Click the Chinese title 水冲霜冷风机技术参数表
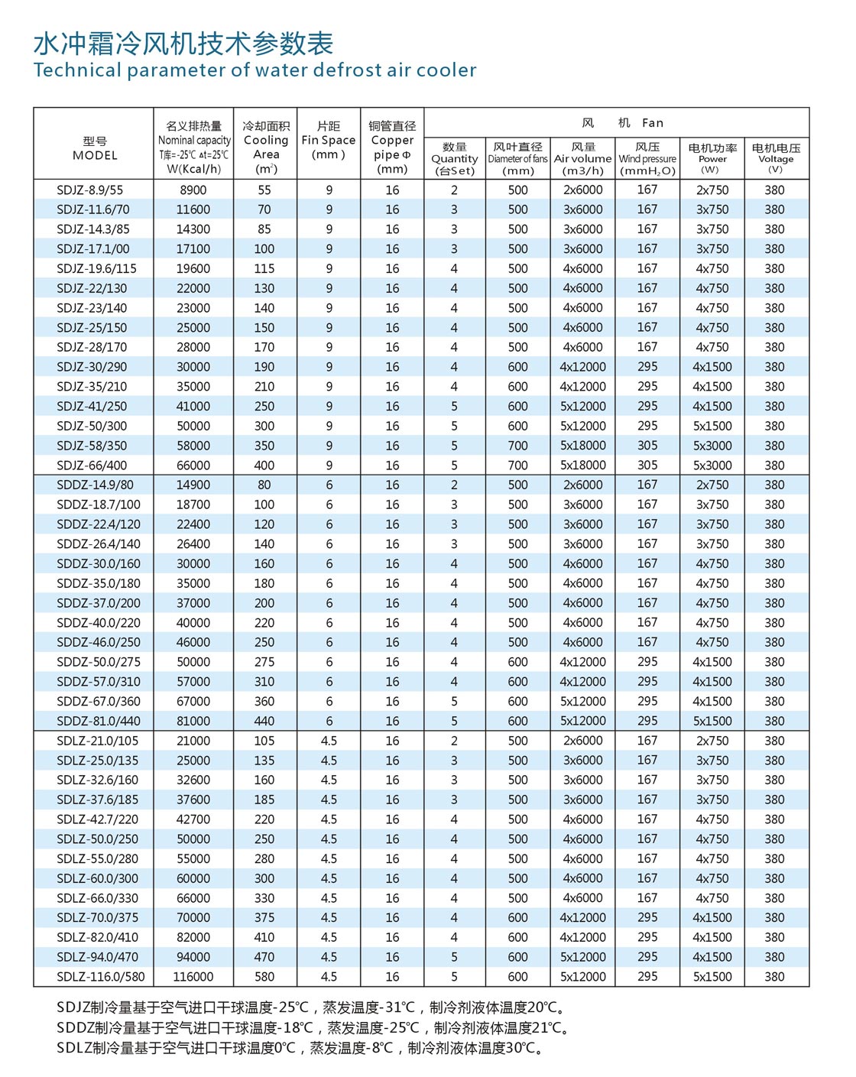click(x=183, y=44)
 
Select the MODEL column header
click(x=95, y=148)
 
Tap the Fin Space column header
click(x=329, y=141)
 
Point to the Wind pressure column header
click(x=647, y=158)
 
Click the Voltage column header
click(x=775, y=158)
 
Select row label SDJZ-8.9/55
click(x=89, y=190)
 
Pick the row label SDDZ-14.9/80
click(x=95, y=485)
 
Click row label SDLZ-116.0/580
click(x=100, y=977)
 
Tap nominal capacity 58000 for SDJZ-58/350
click(x=193, y=446)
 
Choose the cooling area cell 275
click(x=264, y=662)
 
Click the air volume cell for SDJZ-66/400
click(x=583, y=466)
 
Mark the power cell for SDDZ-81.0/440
click(x=712, y=721)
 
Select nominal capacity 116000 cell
click(x=193, y=977)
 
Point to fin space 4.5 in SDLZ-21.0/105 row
click(x=329, y=741)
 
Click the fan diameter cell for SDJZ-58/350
click(x=517, y=446)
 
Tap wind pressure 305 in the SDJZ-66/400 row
click(x=647, y=466)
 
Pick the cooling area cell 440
click(x=264, y=721)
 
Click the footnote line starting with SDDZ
click(x=313, y=1028)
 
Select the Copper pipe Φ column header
click(x=392, y=148)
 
